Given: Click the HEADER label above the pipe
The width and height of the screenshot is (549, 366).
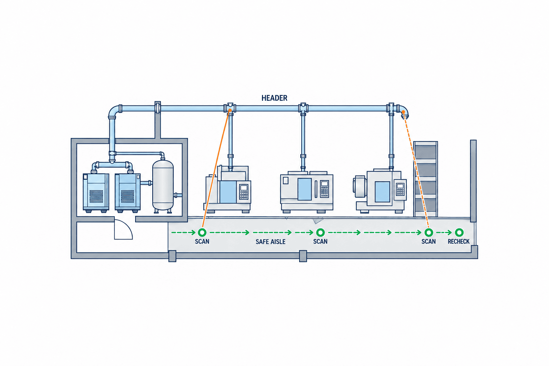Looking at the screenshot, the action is [x=274, y=98].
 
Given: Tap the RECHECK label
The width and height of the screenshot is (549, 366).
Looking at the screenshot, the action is [x=459, y=242].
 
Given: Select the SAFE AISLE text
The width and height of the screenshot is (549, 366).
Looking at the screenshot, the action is [x=271, y=242].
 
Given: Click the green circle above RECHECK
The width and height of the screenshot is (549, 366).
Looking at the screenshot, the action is [x=459, y=232].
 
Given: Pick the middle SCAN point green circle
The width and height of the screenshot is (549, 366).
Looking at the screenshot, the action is [x=320, y=232].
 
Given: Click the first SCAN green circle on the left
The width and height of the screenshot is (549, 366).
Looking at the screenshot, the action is [x=202, y=232].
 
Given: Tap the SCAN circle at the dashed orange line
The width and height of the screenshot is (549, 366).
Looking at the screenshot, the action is [x=429, y=232].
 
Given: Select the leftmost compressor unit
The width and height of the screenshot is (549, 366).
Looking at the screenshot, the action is [x=96, y=192].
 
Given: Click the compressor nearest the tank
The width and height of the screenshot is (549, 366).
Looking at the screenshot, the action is [x=128, y=192].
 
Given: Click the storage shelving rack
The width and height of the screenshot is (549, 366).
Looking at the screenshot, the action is [x=425, y=179].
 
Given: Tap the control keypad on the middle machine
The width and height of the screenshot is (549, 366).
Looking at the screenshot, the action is [x=324, y=189].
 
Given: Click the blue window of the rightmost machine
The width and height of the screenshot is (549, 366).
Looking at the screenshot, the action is [x=382, y=192].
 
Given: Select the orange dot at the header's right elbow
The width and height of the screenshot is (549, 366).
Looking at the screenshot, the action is [x=403, y=112].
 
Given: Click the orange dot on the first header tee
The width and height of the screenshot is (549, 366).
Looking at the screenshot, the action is [x=230, y=110].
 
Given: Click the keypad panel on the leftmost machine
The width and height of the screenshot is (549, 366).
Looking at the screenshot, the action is [x=244, y=192].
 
